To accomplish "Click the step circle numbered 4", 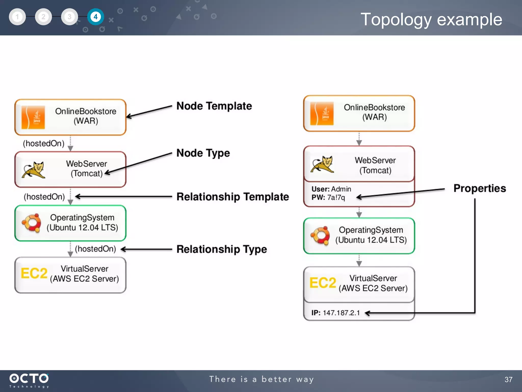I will point(95,17).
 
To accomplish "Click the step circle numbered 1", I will point(17,17).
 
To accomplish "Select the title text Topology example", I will point(431,19).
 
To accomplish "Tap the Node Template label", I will point(214,106).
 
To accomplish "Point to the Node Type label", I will point(203,153).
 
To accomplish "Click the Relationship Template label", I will point(232,197).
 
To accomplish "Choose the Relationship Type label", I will point(221,249).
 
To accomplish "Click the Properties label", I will point(479,188).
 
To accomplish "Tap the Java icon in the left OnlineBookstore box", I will point(33,117).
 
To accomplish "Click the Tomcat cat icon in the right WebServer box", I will point(322,164).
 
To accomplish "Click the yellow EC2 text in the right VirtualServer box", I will point(322,283).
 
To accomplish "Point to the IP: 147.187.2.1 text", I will point(335,313).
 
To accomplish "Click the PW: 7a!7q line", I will point(328,197).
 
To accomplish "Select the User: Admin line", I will point(331,189).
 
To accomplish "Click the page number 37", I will point(508,379).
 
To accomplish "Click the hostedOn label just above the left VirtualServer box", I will point(95,249).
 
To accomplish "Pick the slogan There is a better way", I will point(261,379).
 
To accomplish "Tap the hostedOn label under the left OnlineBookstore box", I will point(44,143).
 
